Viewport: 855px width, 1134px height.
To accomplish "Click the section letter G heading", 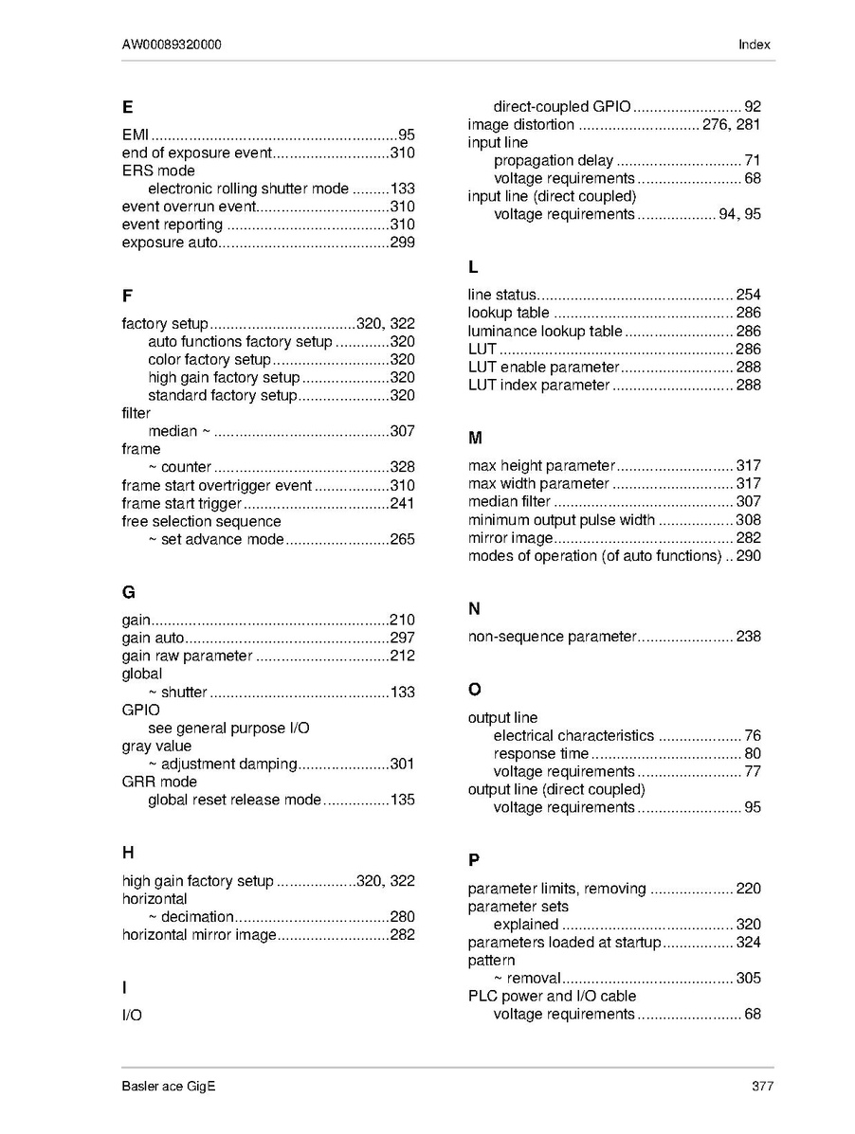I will [x=128, y=593].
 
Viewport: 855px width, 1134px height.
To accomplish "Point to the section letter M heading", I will [x=475, y=438].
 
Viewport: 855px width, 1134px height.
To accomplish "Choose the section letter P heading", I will [x=473, y=860].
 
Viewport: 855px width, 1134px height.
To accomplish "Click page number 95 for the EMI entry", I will [x=406, y=135].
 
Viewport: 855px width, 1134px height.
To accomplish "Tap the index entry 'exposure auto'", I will [x=170, y=243].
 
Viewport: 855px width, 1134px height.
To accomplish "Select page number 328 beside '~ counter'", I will [x=402, y=467].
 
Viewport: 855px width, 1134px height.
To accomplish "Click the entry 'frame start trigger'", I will [x=182, y=503].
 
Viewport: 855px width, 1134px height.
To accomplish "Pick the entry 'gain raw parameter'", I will [x=188, y=656].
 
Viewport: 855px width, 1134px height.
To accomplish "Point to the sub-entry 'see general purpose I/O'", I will [x=228, y=729].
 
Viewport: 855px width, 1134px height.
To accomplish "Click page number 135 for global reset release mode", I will [x=402, y=800].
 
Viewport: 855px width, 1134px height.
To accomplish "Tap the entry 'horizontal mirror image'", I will [x=199, y=935].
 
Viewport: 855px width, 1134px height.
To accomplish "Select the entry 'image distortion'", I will [x=520, y=125].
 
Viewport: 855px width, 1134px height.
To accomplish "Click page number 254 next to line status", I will [x=748, y=295].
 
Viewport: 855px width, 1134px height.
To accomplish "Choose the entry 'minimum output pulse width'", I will [x=561, y=520].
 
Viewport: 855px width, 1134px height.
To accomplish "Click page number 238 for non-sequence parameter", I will [x=748, y=637].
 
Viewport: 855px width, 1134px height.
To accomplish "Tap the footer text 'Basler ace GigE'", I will [x=169, y=1087].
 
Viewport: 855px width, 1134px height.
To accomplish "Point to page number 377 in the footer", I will [x=762, y=1087].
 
